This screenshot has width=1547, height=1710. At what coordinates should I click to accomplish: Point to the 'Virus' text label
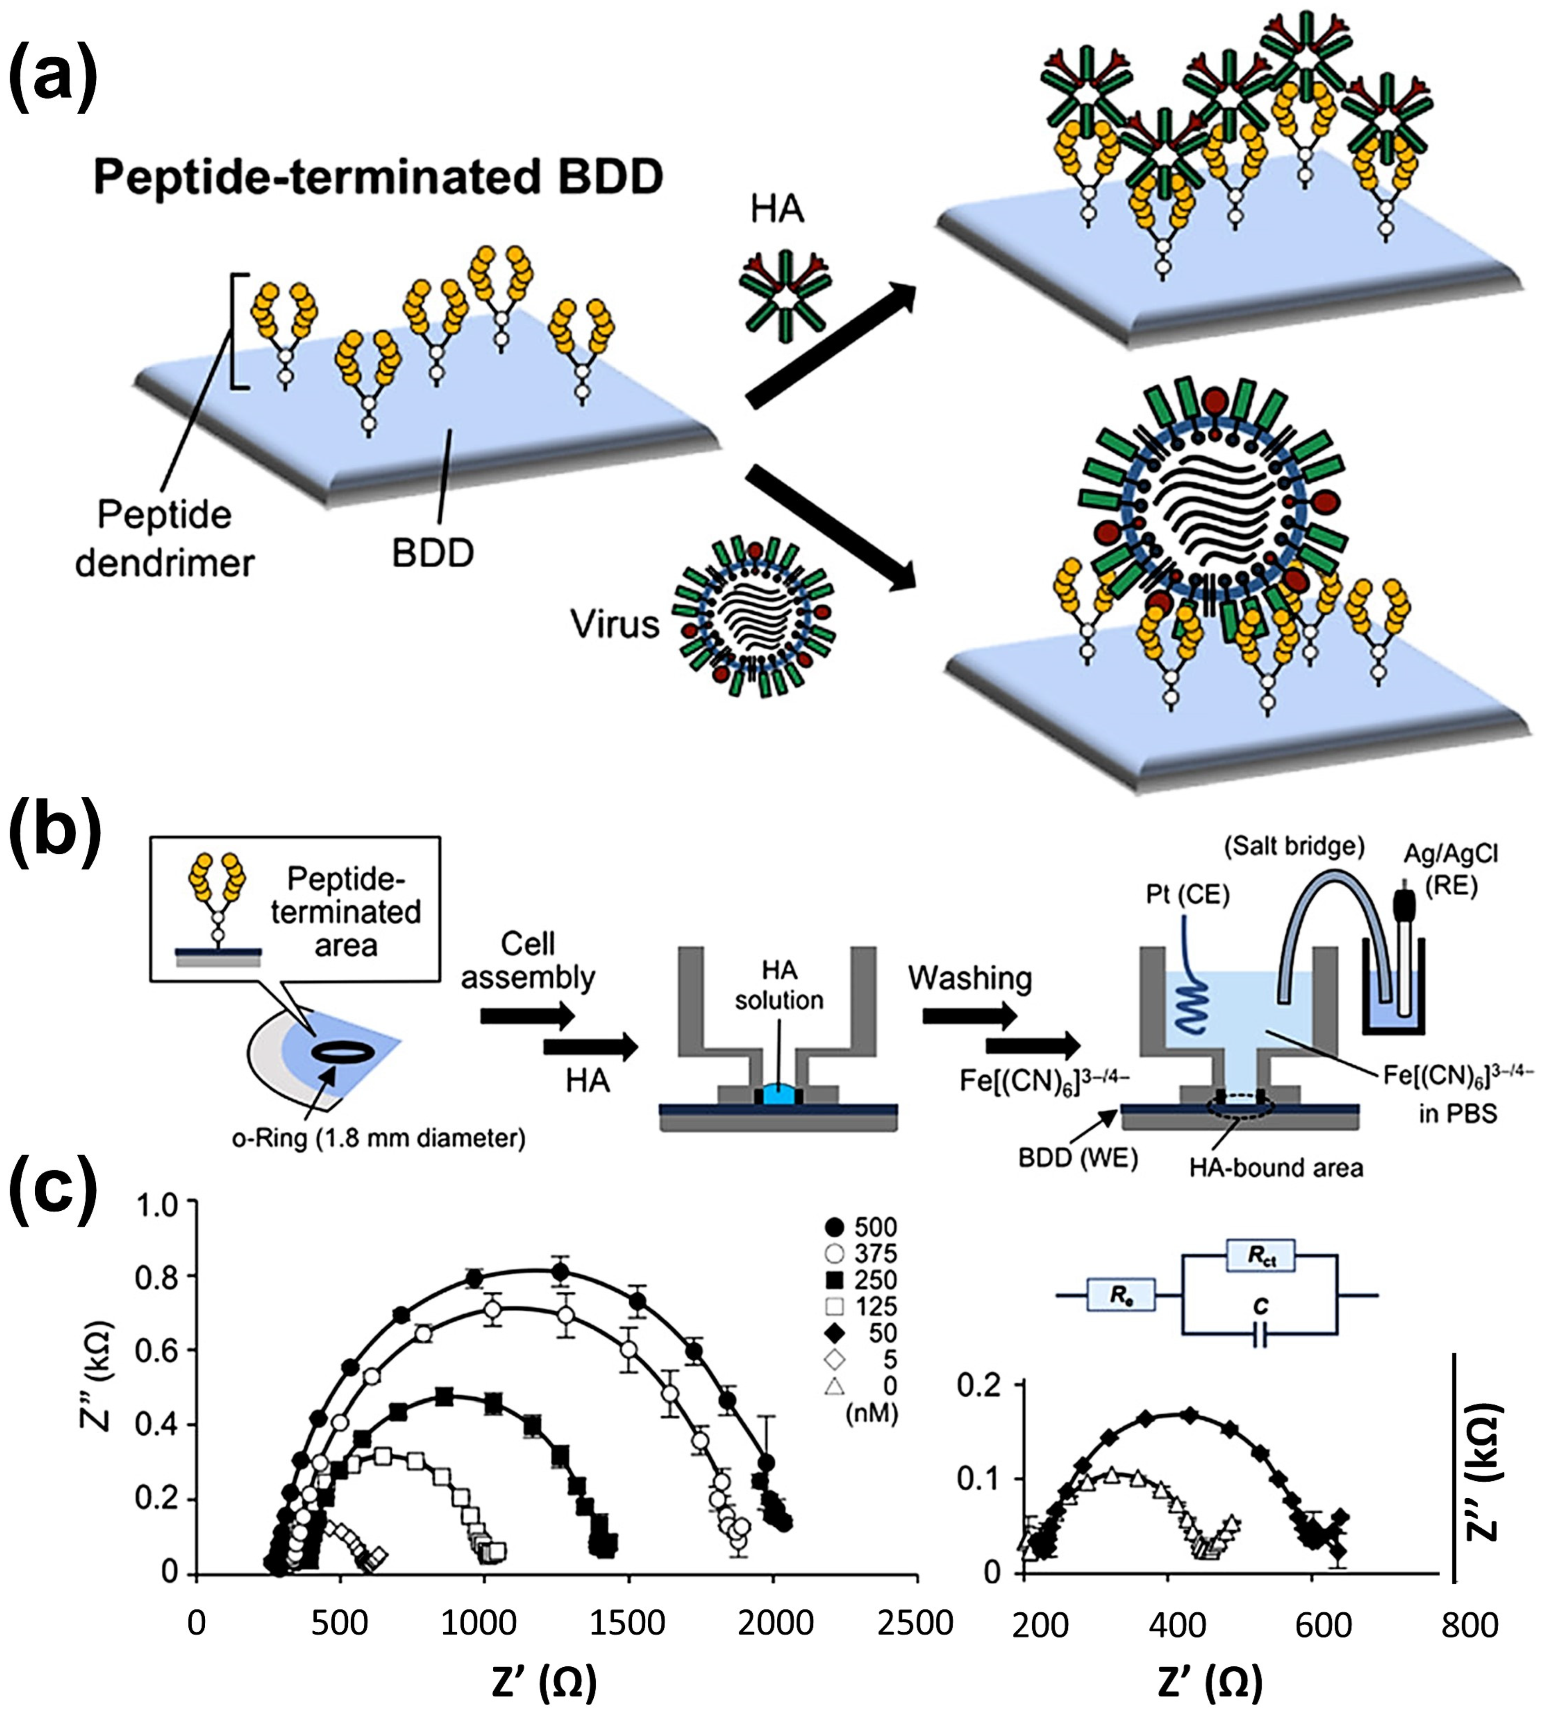coord(614,624)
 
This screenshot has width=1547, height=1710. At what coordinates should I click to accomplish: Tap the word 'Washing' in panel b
coord(970,978)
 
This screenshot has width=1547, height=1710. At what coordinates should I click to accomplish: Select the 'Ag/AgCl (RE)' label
coord(1450,870)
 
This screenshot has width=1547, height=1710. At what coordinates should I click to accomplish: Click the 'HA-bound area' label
coord(1275,1168)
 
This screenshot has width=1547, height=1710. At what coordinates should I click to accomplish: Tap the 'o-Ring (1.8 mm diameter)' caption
coord(378,1138)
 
